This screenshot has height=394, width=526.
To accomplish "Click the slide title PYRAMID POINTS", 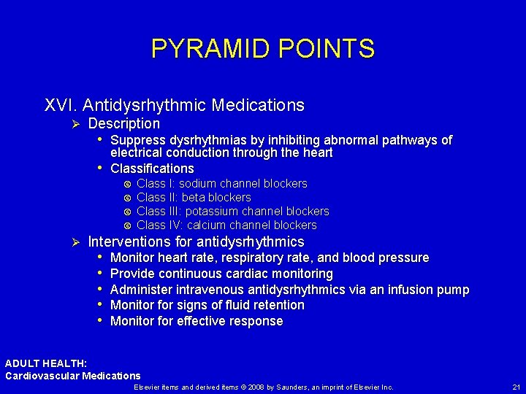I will (x=262, y=49).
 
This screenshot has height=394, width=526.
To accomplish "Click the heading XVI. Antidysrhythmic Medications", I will (x=175, y=105).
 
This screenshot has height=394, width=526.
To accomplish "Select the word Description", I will (x=123, y=124).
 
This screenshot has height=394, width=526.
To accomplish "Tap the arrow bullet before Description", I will (x=72, y=125).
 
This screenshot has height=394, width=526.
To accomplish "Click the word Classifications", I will (x=152, y=169).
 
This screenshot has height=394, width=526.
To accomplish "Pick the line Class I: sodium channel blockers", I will (x=221, y=184).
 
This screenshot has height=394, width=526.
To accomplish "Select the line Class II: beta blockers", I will (x=194, y=198).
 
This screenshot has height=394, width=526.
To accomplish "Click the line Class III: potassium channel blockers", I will (x=232, y=212).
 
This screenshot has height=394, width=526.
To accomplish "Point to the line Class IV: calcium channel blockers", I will (x=226, y=225).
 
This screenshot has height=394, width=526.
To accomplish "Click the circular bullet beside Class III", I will (x=127, y=212).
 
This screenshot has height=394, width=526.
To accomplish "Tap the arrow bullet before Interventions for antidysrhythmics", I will (x=72, y=242).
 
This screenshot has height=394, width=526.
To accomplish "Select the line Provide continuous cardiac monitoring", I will (x=221, y=274).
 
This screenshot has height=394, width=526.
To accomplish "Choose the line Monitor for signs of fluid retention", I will (x=207, y=305).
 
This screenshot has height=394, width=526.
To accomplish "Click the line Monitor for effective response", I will (x=196, y=321).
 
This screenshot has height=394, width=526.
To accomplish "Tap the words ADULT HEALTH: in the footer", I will (x=46, y=363).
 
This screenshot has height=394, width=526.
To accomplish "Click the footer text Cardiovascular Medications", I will (x=73, y=376).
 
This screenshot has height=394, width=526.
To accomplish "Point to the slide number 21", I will (x=517, y=387).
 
